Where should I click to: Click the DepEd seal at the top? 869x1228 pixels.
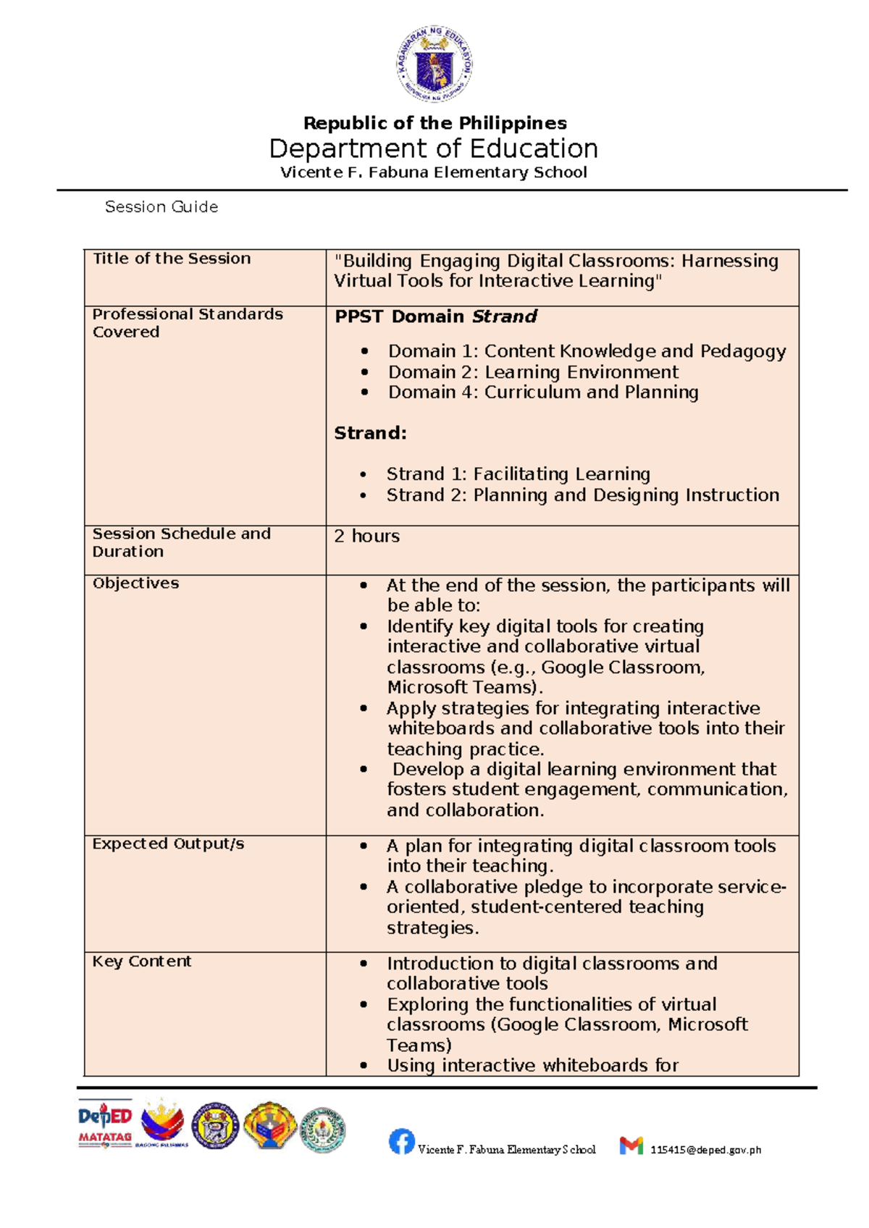(434, 63)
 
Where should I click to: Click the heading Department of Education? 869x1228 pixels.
(434, 148)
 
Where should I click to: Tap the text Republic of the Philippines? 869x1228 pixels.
(434, 123)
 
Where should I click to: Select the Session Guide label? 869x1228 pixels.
(161, 207)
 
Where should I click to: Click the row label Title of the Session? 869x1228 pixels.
(172, 258)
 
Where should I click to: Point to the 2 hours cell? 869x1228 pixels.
(366, 537)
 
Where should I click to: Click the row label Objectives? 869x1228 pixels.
(135, 584)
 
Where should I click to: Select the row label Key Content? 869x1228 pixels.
(142, 962)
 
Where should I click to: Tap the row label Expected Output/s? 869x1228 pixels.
(168, 844)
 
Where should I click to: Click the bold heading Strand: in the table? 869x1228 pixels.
(370, 434)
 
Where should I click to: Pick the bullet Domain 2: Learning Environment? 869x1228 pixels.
(533, 372)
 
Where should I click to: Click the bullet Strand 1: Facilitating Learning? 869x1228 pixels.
(518, 474)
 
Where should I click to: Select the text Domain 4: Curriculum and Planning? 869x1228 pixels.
(543, 392)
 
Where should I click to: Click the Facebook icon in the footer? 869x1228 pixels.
(401, 1142)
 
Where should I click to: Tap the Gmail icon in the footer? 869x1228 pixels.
(631, 1145)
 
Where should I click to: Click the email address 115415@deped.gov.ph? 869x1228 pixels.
(705, 1150)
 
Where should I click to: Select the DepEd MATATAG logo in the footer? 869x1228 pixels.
(105, 1124)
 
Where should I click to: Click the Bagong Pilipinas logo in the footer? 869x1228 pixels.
(163, 1124)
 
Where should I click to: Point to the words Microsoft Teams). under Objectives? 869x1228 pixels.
(464, 687)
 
